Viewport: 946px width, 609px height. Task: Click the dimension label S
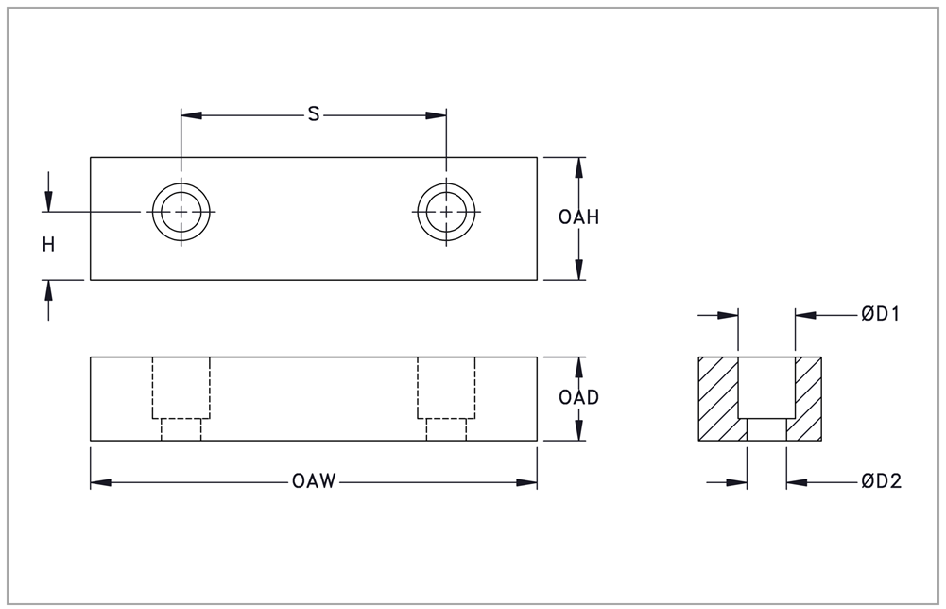(314, 115)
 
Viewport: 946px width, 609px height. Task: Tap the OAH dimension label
(578, 217)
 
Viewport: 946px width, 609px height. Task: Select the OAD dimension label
(578, 397)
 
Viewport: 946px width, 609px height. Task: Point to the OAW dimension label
(314, 482)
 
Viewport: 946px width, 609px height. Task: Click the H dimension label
(48, 245)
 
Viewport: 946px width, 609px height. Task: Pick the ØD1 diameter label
(879, 315)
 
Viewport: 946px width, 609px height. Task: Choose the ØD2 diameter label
(881, 482)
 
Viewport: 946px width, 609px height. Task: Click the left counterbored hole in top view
(181, 211)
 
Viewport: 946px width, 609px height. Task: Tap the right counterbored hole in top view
(446, 211)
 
